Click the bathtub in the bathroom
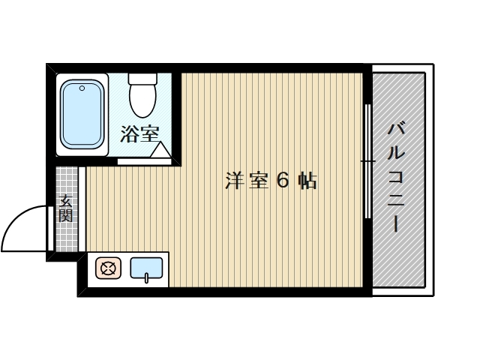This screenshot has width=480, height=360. [82, 115]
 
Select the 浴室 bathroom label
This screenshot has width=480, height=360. [140, 134]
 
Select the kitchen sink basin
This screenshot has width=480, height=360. [147, 268]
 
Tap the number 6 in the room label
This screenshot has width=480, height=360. [283, 181]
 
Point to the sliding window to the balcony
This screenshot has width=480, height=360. [367, 161]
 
